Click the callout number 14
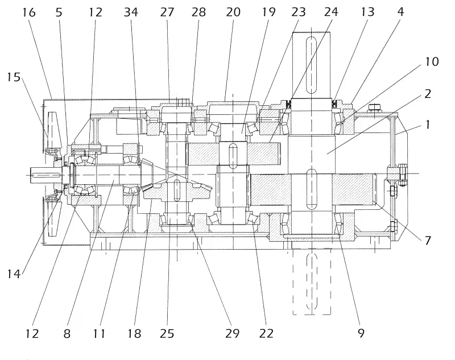(14, 274)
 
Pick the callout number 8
(67, 334)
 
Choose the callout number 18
(135, 334)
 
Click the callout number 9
(361, 334)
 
